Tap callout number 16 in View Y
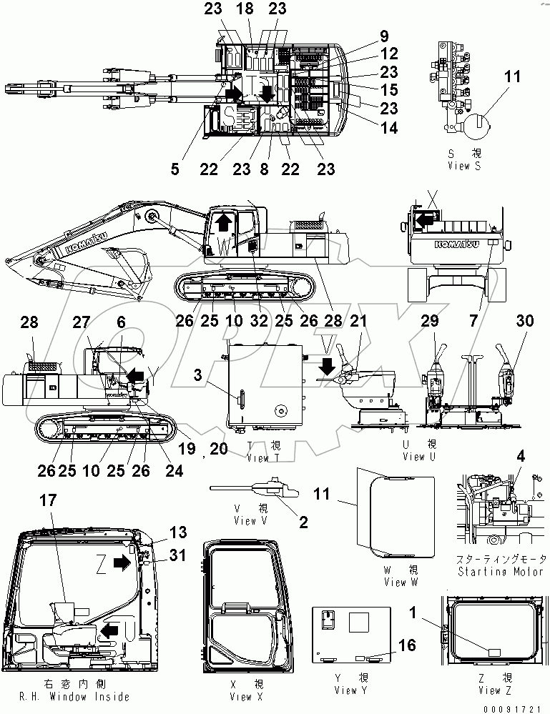(x=407, y=645)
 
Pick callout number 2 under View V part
(x=303, y=522)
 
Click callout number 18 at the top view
(x=250, y=9)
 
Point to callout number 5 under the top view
(x=175, y=170)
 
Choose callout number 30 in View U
(x=524, y=322)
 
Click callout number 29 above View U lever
(x=431, y=322)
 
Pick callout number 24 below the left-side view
(x=175, y=470)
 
